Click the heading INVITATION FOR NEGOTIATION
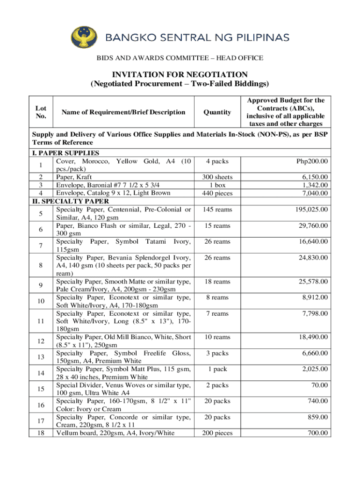pos(180,75)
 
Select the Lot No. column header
pos(41,112)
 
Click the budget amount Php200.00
pos(312,161)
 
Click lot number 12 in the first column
pos(41,341)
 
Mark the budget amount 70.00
pos(320,385)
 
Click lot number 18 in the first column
pos(41,433)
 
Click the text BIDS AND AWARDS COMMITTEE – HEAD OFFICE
pos(180,58)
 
